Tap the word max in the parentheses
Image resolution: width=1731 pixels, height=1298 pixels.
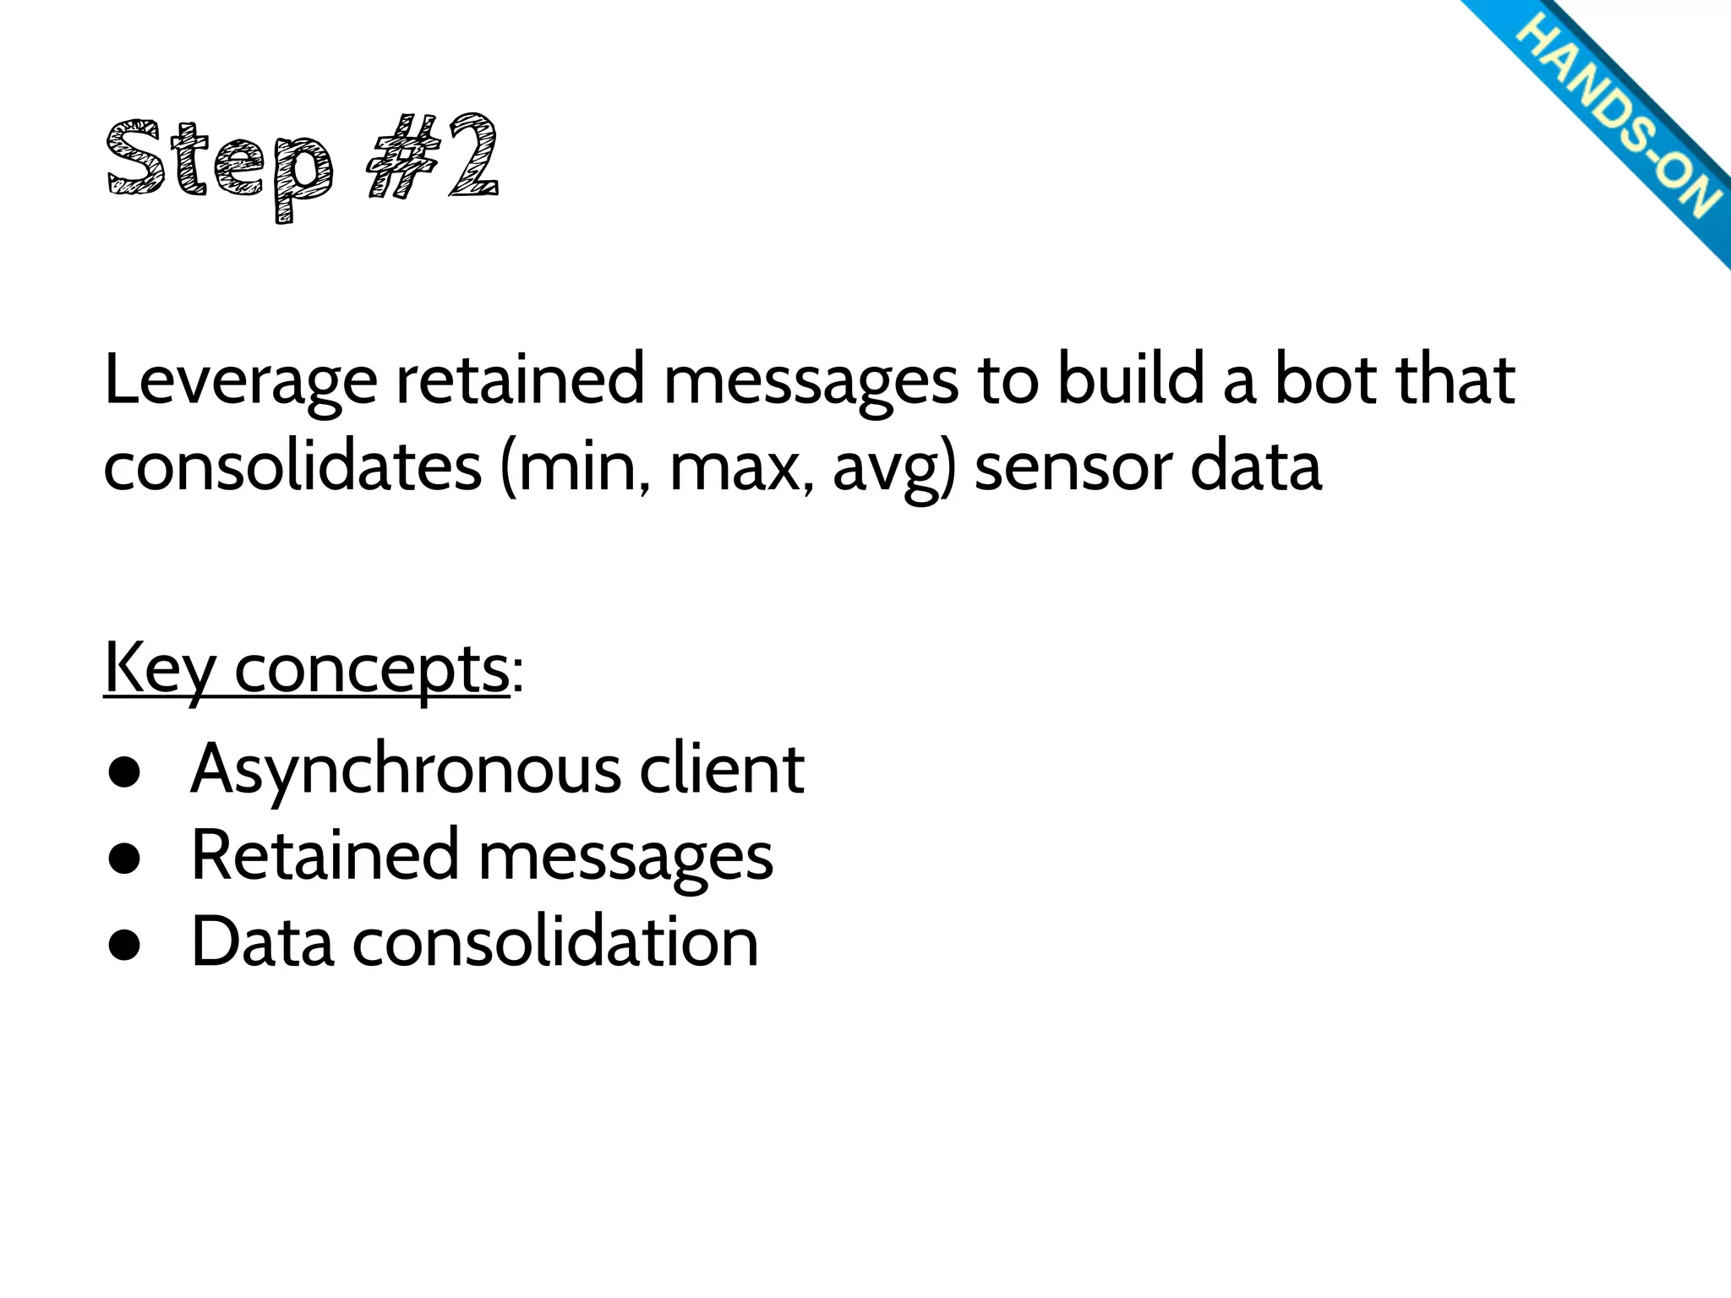pyautogui.click(x=734, y=469)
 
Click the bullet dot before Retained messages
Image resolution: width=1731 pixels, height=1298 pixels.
pyautogui.click(x=123, y=861)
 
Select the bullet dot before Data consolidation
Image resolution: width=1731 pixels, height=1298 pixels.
pyautogui.click(x=123, y=947)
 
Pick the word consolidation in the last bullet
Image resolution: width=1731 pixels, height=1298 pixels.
pyautogui.click(x=555, y=941)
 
